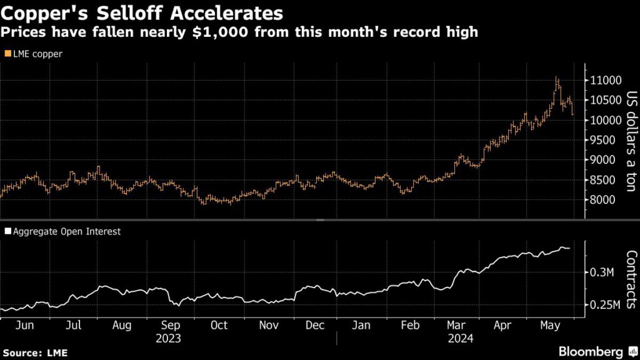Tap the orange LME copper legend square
click(7, 54)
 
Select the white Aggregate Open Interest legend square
click(7, 231)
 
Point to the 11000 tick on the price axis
click(604, 80)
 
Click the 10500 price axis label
click(604, 100)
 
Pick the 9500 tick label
click(604, 140)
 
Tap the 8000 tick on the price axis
click(604, 200)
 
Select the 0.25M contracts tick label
click(604, 305)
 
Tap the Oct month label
click(219, 325)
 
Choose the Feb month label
click(410, 325)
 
